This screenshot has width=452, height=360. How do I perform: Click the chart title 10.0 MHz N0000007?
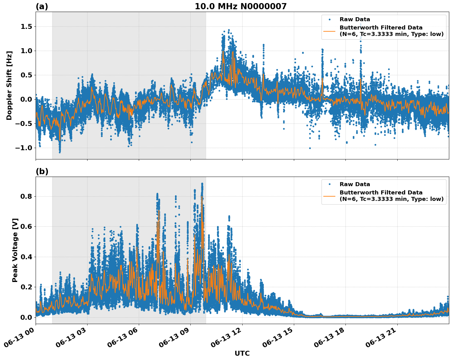240,6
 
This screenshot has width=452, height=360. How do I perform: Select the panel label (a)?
42,6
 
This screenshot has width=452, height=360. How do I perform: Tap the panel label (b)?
42,171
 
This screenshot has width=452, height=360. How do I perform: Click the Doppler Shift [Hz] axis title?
9,85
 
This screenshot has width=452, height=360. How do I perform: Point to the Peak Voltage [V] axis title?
15,250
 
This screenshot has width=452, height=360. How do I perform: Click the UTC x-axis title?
242,353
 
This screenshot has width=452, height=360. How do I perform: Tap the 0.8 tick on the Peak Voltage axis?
26,196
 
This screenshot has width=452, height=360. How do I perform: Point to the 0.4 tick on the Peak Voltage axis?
26,257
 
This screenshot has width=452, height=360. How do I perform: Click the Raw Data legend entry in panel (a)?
355,19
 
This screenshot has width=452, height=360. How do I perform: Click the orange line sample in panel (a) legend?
329,31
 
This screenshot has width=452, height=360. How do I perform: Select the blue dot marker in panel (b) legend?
329,184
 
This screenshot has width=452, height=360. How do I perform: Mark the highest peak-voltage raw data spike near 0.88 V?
202,184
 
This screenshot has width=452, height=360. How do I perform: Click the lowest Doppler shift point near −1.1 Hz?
60,152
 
